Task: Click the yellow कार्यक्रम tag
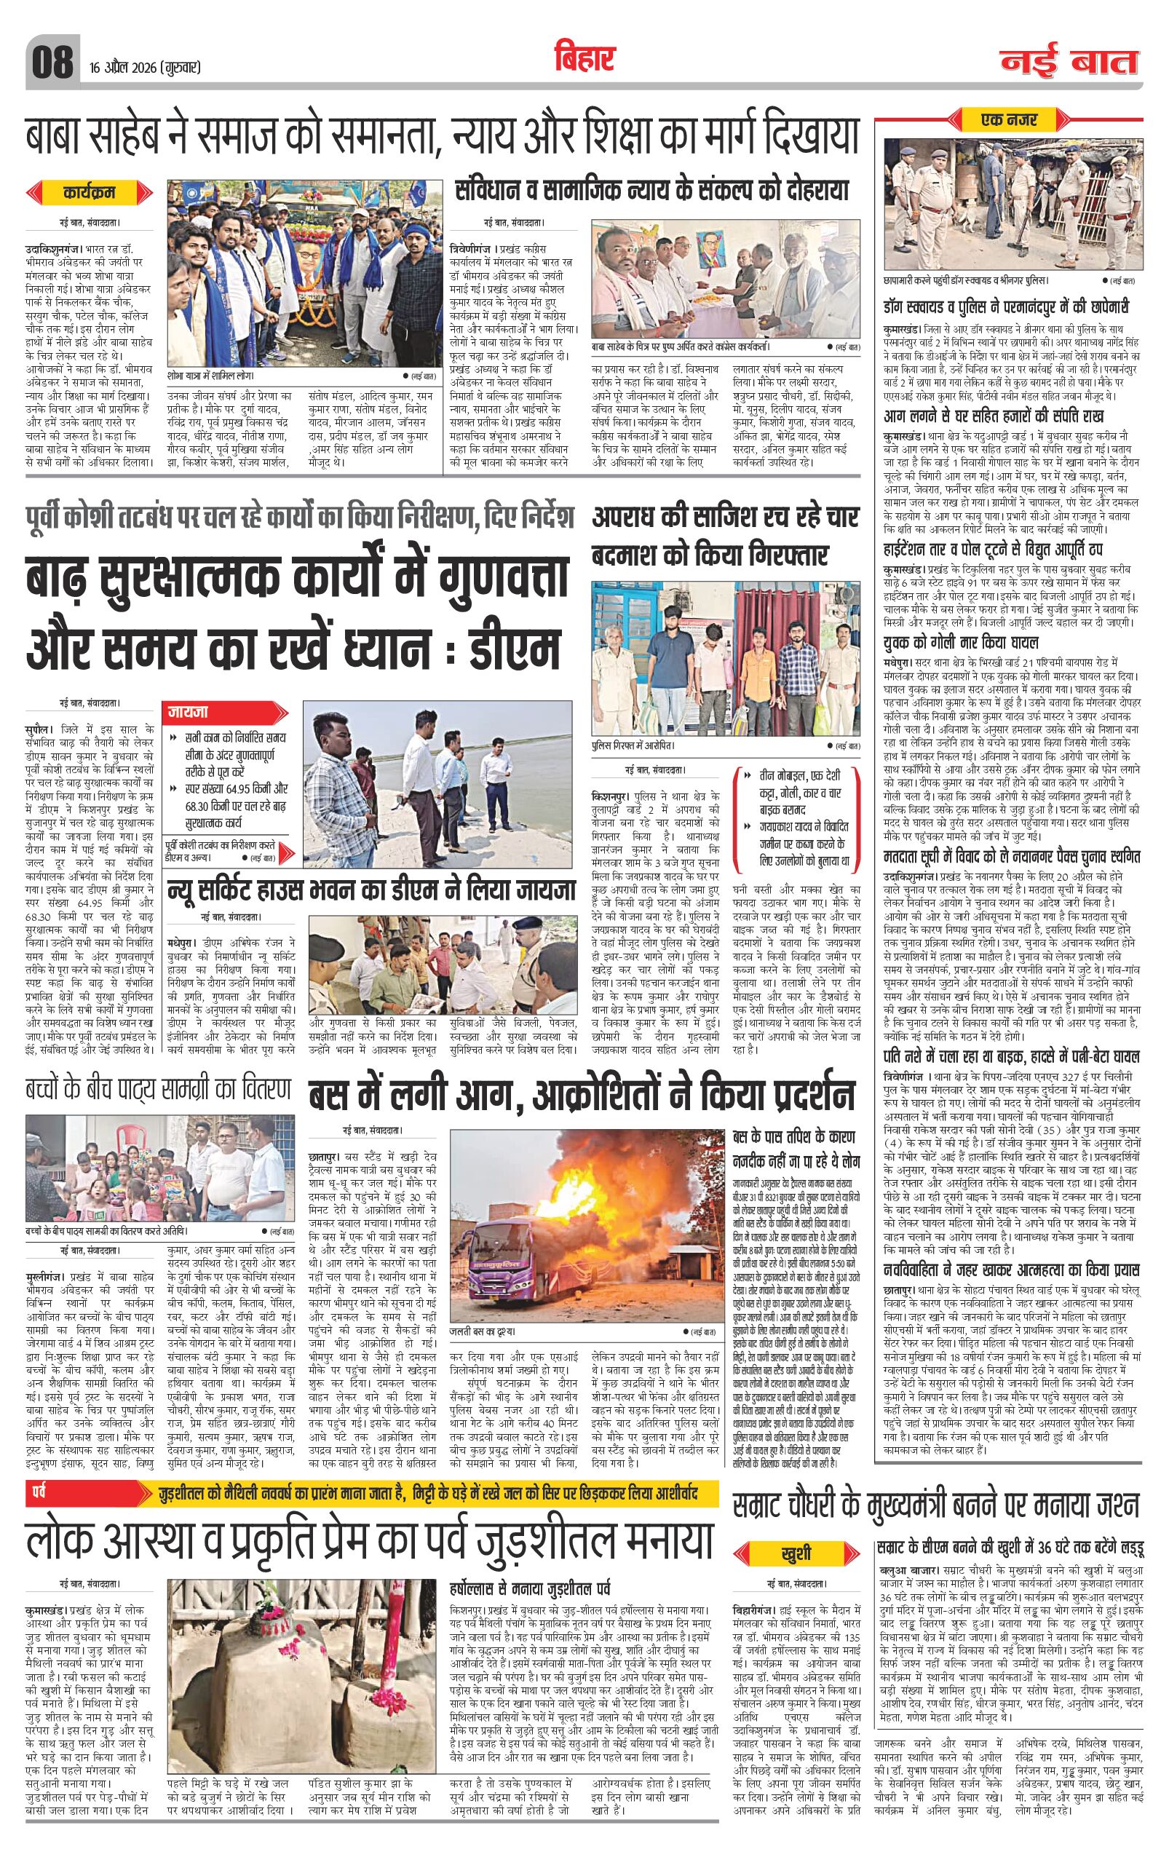pyautogui.click(x=90, y=193)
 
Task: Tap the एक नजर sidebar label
pyautogui.click(x=1010, y=120)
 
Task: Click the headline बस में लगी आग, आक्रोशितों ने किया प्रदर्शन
pyautogui.click(x=582, y=1096)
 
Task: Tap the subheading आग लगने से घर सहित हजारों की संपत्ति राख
pyautogui.click(x=1004, y=417)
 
